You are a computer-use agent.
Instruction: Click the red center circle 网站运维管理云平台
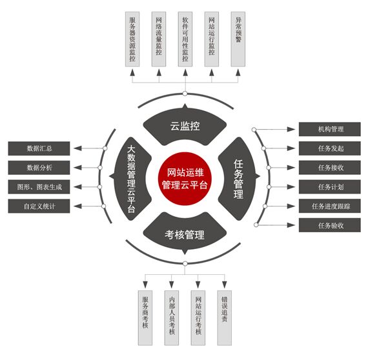coord(185,179)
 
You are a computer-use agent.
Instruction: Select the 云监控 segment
coord(185,125)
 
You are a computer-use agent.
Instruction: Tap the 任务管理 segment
coord(238,179)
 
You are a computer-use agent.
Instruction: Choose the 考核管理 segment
coord(185,234)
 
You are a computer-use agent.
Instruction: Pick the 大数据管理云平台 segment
coord(132,179)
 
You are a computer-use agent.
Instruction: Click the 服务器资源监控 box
coord(132,39)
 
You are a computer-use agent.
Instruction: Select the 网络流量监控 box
coord(159,39)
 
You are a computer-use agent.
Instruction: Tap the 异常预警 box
coord(238,39)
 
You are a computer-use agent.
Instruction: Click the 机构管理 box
coord(329,129)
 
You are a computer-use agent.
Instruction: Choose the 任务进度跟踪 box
coord(329,206)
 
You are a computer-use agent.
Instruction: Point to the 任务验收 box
coord(329,225)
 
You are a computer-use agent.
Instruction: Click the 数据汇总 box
coord(39,148)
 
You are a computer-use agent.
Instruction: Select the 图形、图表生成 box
coord(39,187)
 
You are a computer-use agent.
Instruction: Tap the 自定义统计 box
coord(39,206)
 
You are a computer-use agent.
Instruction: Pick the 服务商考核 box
coord(145,318)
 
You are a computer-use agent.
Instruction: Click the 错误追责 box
coord(225,318)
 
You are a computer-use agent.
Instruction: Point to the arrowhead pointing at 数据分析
coord(77,168)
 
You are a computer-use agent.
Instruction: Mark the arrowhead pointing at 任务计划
coord(291,187)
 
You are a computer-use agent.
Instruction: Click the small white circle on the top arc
coord(185,94)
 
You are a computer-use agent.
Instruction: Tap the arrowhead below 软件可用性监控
coord(185,73)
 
